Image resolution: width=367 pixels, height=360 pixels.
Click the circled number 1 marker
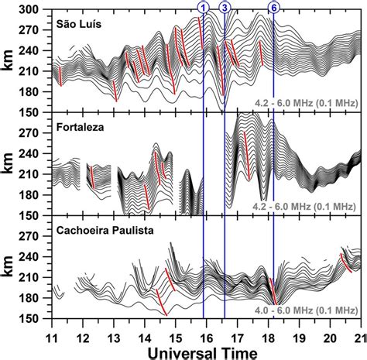point(204,7)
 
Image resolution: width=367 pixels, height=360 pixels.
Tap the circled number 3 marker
point(225,7)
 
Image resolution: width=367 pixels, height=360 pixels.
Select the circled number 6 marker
point(273,7)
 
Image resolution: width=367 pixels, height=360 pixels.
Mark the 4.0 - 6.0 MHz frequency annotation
point(303,310)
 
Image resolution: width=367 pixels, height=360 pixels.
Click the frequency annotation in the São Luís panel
point(303,101)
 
